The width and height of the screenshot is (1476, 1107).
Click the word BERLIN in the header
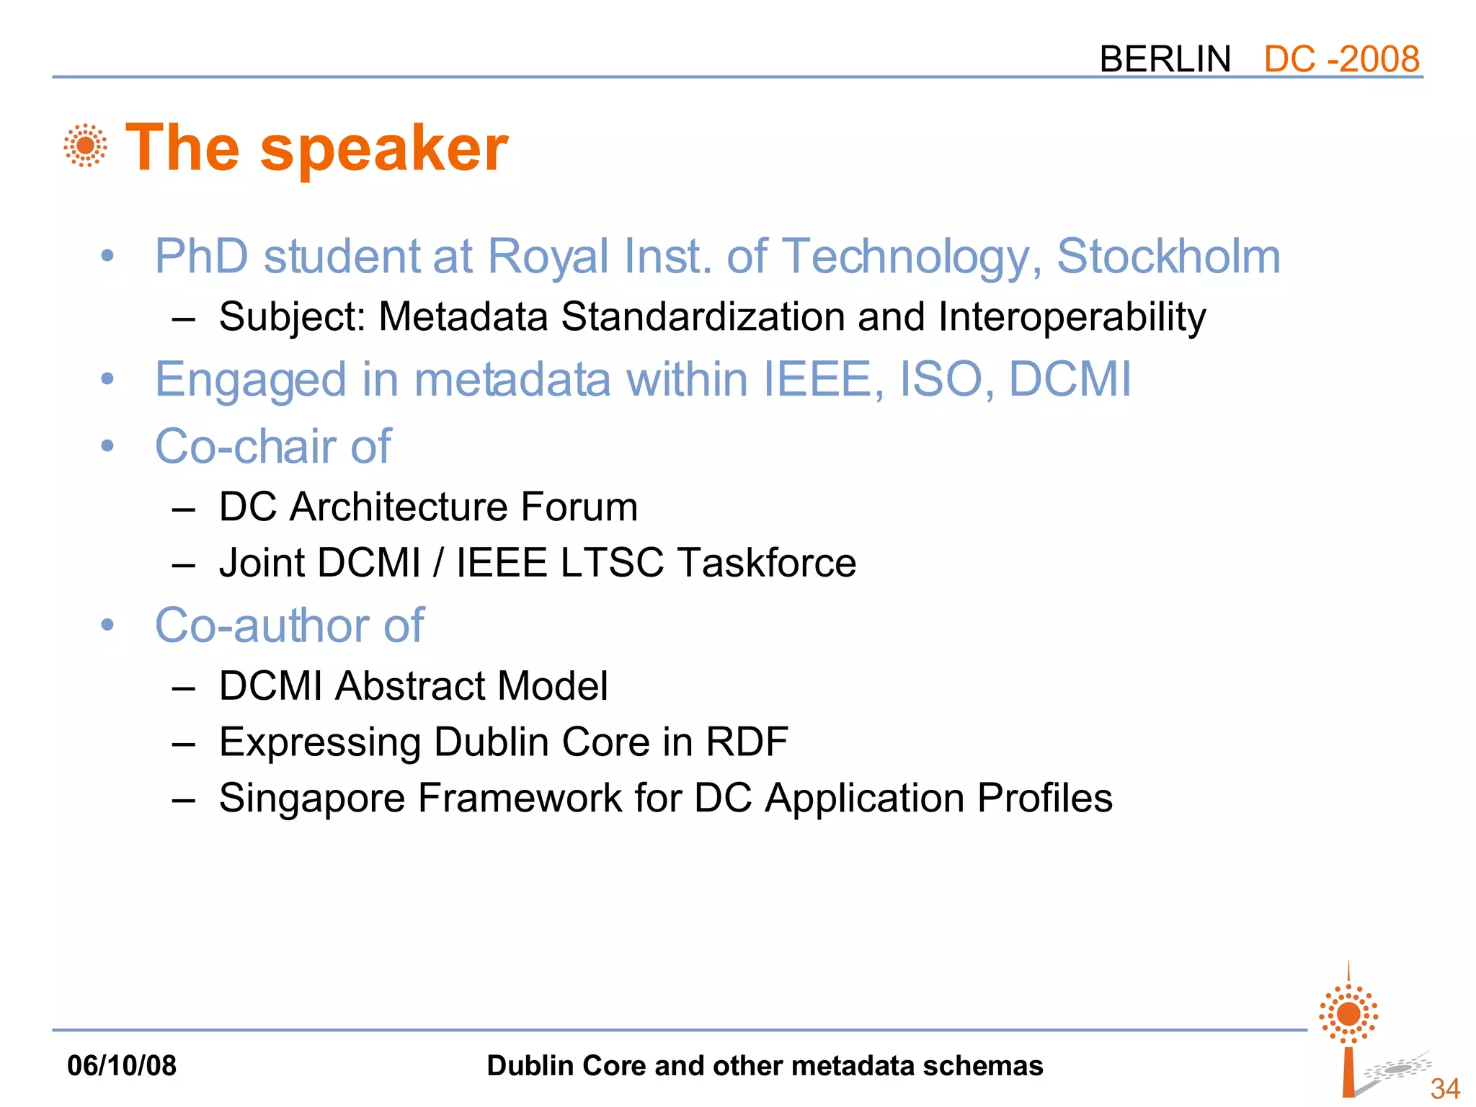[1165, 59]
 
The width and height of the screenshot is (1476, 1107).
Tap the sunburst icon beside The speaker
[86, 146]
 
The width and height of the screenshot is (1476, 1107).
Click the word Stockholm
[1168, 257]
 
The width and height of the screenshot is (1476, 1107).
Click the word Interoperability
[1072, 317]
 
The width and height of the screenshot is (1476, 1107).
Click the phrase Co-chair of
[272, 446]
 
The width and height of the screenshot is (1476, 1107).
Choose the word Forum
[579, 507]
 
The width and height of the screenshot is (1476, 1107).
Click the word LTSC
[611, 563]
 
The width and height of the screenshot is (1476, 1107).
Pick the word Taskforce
[767, 563]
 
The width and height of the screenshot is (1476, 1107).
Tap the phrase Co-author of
[289, 625]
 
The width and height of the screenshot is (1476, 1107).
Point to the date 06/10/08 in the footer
[122, 1066]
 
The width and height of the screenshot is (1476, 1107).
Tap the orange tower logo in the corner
[1348, 1031]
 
